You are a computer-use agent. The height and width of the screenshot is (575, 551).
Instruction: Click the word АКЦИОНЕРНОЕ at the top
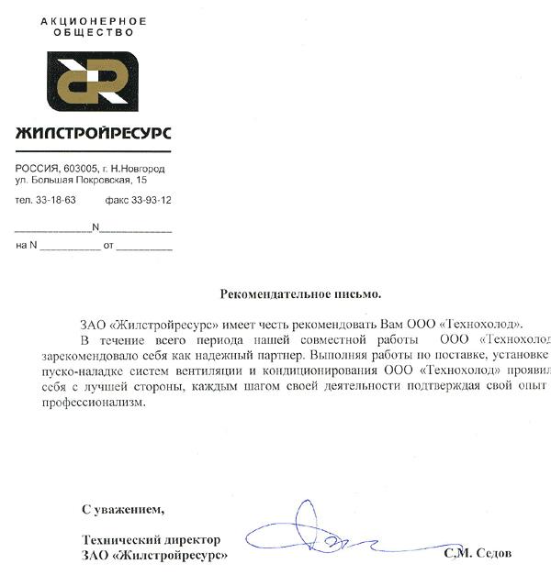pyautogui.click(x=82, y=20)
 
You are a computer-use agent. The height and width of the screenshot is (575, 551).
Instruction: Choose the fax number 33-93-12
pyautogui.click(x=151, y=200)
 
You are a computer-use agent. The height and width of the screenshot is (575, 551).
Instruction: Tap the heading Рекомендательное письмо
pyautogui.click(x=300, y=294)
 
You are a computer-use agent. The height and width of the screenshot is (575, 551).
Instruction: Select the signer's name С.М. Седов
pyautogui.click(x=478, y=554)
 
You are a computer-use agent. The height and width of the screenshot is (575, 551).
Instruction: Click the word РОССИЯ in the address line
pyautogui.click(x=35, y=170)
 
